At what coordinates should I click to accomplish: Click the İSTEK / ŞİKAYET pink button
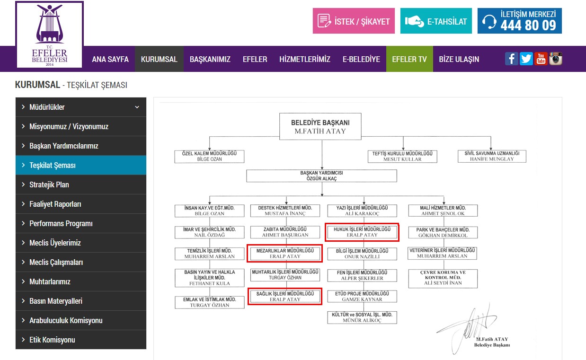pos(354,21)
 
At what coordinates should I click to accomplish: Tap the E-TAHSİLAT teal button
pos(436,21)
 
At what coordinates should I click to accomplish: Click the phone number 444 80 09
pos(528,26)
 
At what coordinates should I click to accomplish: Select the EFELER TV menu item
pos(409,59)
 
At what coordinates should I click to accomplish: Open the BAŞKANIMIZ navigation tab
pos(210,59)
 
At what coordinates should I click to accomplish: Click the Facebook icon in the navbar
pos(511,59)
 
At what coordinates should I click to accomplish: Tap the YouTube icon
pos(541,59)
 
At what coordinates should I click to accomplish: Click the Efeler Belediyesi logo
pos(49,35)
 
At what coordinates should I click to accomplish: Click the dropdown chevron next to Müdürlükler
pos(137,107)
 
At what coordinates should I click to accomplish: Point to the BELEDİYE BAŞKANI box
pos(320,126)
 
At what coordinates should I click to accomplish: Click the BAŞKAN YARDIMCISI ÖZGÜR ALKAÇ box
pos(321,176)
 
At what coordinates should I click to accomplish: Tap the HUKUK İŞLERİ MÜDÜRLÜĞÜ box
pos(362,232)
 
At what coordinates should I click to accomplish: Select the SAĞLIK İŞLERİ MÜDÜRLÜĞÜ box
pos(285,297)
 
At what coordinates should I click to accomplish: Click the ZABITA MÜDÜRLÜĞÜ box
pos(285,232)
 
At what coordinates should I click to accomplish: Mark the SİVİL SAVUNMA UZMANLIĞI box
pos(492,156)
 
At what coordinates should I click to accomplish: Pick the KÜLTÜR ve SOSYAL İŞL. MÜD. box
pos(362,317)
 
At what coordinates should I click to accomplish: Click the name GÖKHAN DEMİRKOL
pos(443,235)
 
